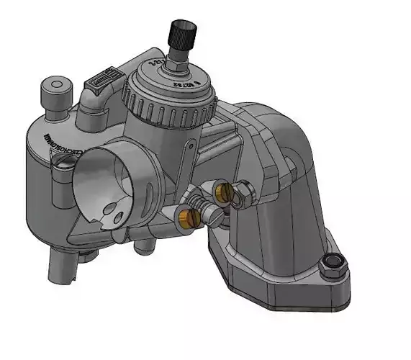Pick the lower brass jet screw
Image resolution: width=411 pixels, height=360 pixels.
tap(189, 217)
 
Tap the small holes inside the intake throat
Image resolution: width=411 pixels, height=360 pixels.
tap(112, 212)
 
